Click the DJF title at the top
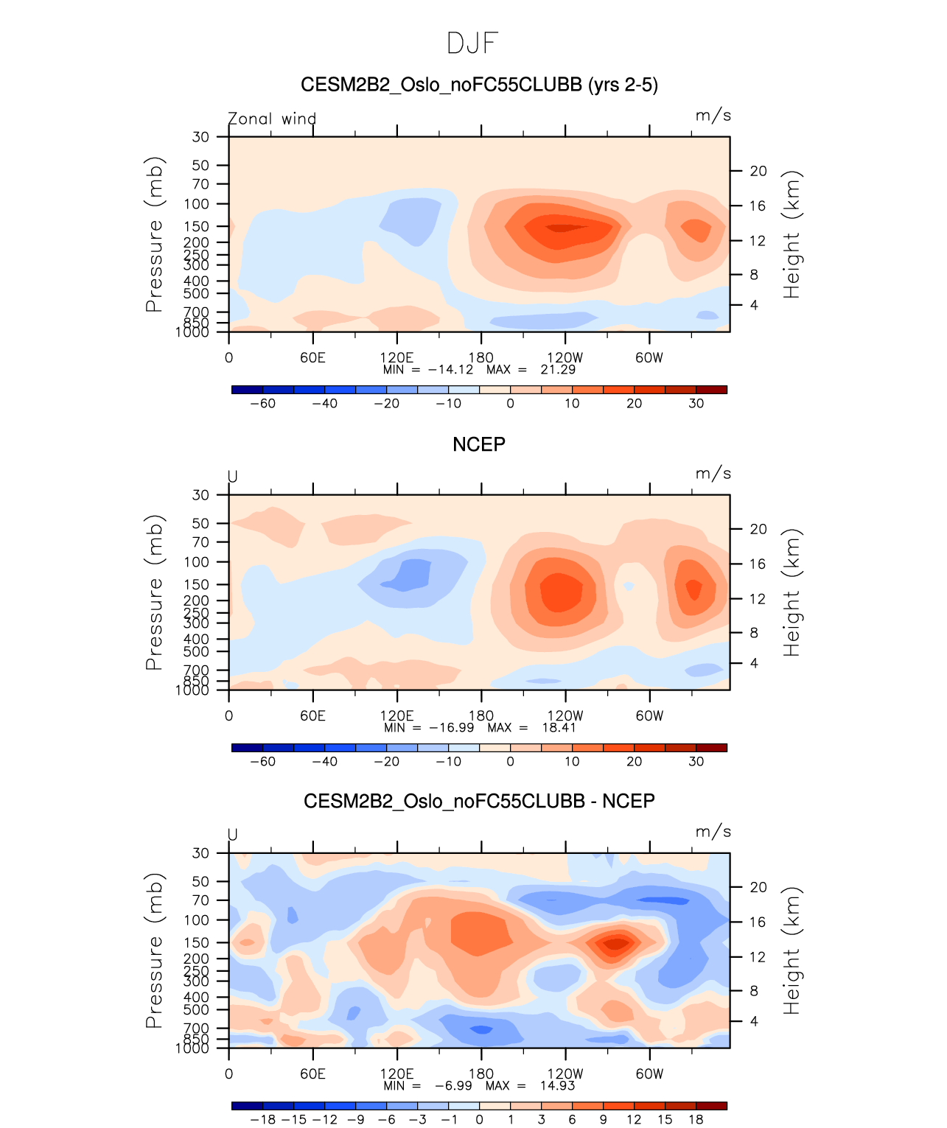pyautogui.click(x=473, y=43)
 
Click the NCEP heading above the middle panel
pyautogui.click(x=479, y=444)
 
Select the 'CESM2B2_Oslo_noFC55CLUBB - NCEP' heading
pyautogui.click(x=479, y=801)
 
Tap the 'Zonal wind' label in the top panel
pyautogui.click(x=272, y=119)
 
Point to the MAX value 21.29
pyautogui.click(x=558, y=369)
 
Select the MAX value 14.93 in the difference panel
pyautogui.click(x=557, y=1085)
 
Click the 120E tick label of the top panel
pyautogui.click(x=396, y=357)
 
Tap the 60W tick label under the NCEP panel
pyautogui.click(x=649, y=715)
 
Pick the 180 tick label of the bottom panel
pyautogui.click(x=481, y=1073)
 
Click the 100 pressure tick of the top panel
pyautogui.click(x=197, y=204)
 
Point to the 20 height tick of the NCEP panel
pyautogui.click(x=758, y=529)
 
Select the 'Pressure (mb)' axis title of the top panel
pyautogui.click(x=154, y=234)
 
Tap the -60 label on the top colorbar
pyautogui.click(x=262, y=403)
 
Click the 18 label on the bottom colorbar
pyautogui.click(x=696, y=1119)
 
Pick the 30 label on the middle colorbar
pyautogui.click(x=696, y=761)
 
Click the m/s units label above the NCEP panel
pyautogui.click(x=713, y=474)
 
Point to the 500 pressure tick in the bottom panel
pyautogui.click(x=197, y=1009)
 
